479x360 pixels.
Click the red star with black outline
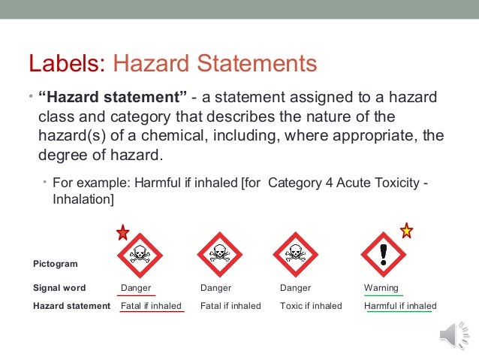[123, 233]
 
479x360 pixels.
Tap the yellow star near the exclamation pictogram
[406, 231]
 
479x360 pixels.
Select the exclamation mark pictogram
[384, 254]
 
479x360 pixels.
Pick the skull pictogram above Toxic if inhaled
[297, 255]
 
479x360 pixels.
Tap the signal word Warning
[381, 288]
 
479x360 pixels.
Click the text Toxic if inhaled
[311, 306]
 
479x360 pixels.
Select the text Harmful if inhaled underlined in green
[400, 306]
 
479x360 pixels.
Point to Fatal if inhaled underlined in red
[151, 306]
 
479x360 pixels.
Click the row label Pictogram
[56, 264]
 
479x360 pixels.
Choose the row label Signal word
[59, 288]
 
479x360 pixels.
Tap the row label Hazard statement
[71, 306]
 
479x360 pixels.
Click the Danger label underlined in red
[136, 288]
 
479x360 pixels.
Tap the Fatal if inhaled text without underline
[230, 306]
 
